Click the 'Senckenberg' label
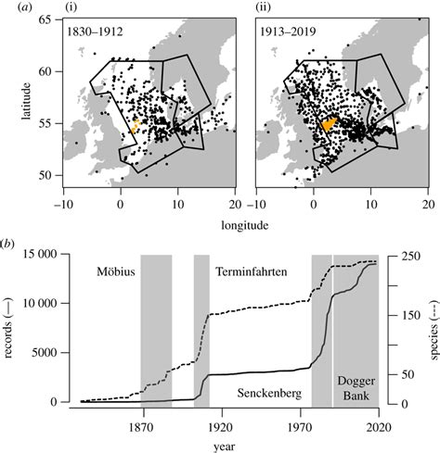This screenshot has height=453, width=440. [x=268, y=393]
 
